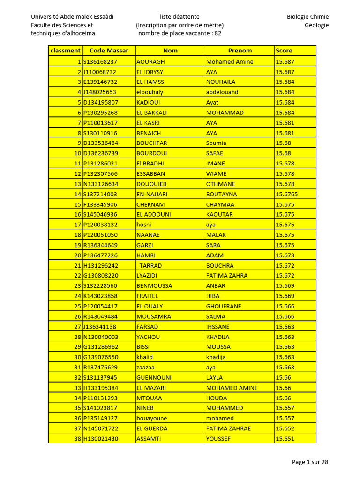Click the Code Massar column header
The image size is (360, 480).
[x=109, y=51]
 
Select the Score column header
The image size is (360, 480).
[x=284, y=51]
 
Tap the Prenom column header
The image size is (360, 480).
[x=240, y=51]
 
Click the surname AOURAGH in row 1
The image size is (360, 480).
[x=150, y=62]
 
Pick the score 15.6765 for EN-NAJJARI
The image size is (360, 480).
[x=287, y=194]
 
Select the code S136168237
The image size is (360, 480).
[x=100, y=62]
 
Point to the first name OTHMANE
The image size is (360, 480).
[x=220, y=184]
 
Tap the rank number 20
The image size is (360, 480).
[x=77, y=255]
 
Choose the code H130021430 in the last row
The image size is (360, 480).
[x=101, y=439]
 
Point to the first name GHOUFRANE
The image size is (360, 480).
[x=224, y=306]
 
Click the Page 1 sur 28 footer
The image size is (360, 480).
[x=310, y=462]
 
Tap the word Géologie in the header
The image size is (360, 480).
[x=316, y=25]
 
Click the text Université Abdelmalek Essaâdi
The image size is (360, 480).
[x=72, y=17]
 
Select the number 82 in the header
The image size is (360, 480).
[x=218, y=34]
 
